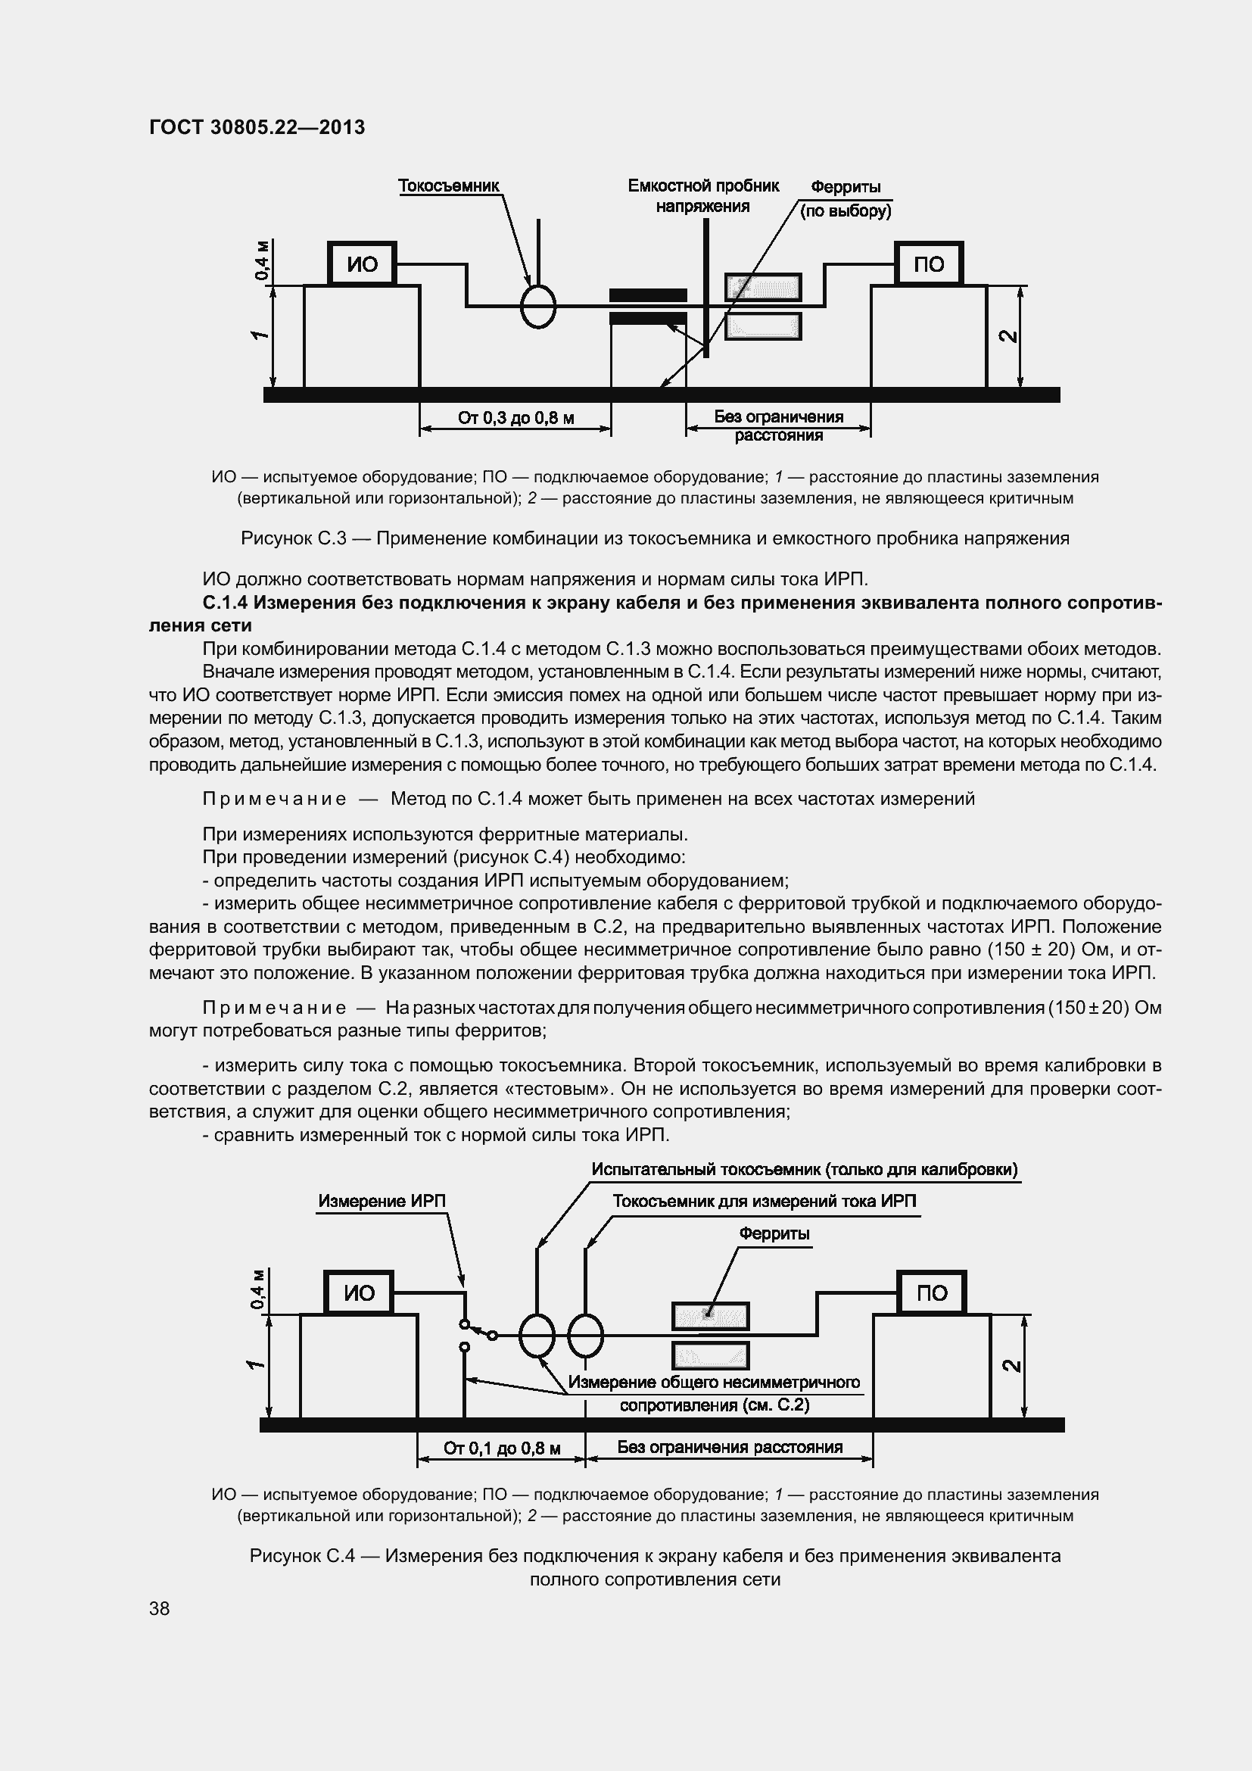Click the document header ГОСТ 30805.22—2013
click(257, 127)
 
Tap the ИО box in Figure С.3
click(362, 264)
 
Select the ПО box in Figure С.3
click(928, 264)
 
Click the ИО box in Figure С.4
click(359, 1292)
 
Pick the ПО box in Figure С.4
click(931, 1292)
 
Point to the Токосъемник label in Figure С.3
click(449, 186)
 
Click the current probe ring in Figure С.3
click(538, 306)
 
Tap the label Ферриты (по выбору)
click(846, 199)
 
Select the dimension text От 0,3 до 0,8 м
click(515, 418)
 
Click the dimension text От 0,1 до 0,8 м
click(501, 1448)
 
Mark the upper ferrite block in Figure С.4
click(710, 1316)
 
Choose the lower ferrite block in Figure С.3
click(763, 326)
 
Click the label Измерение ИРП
click(382, 1201)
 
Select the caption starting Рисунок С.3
click(655, 538)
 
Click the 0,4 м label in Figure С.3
click(262, 260)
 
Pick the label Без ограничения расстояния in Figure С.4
click(729, 1446)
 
